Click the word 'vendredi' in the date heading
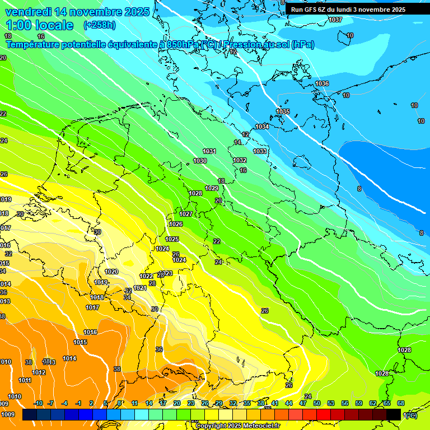[x=29, y=12]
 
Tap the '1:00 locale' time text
[x=40, y=25]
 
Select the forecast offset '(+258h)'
[x=100, y=25]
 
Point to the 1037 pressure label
[x=335, y=20]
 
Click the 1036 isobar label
[x=321, y=83]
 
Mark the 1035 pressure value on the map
[x=283, y=111]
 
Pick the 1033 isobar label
[x=260, y=151]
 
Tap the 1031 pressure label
[x=209, y=151]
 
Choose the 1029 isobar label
[x=212, y=188]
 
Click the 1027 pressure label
[x=186, y=214]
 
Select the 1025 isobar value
[x=172, y=239]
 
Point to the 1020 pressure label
[x=111, y=272]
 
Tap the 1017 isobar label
[x=92, y=307]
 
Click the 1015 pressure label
[x=80, y=342]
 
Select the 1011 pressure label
[x=25, y=380]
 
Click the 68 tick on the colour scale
[x=401, y=403]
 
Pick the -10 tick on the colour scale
[x=38, y=403]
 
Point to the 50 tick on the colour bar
[x=317, y=403]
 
